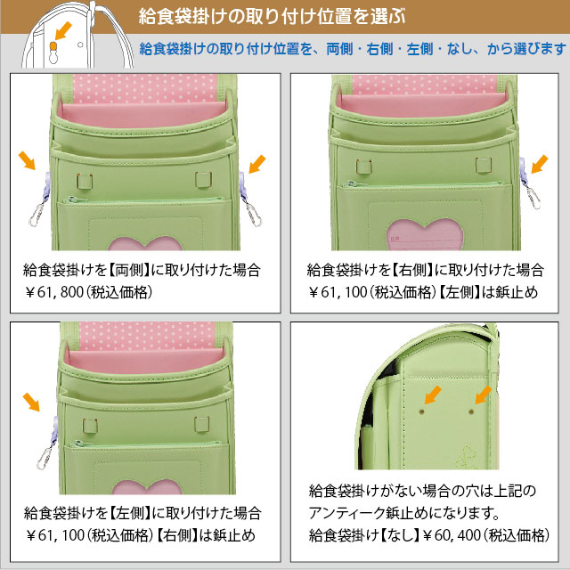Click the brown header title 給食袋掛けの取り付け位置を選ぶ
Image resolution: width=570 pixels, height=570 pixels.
(272, 17)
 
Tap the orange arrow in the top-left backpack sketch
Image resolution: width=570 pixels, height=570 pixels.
(63, 30)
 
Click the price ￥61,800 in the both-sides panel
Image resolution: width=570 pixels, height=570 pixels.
(54, 292)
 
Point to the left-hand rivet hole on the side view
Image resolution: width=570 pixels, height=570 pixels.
(421, 411)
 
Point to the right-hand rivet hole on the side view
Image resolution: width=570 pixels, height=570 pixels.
(471, 411)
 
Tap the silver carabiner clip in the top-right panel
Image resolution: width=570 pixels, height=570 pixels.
(533, 197)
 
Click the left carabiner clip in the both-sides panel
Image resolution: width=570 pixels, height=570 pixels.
(37, 215)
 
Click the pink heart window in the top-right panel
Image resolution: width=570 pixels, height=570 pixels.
(424, 235)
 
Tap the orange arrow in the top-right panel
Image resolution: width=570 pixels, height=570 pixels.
(540, 164)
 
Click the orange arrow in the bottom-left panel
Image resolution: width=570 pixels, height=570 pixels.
(31, 402)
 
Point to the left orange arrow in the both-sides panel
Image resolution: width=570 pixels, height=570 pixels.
(27, 160)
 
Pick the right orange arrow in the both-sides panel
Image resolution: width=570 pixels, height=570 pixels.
(257, 164)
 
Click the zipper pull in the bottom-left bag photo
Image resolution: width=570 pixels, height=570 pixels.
(74, 444)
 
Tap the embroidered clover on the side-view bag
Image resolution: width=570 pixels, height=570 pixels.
(466, 457)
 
